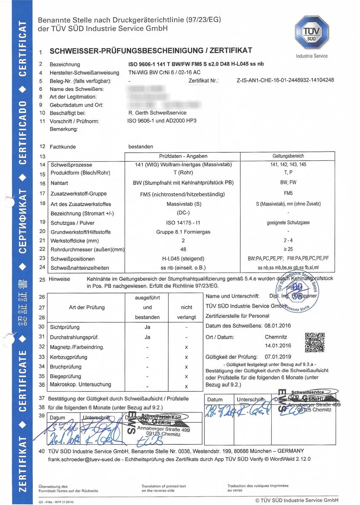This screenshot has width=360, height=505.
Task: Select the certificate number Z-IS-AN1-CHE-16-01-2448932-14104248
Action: pos(286,80)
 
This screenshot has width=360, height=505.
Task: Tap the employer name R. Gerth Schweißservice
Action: pos(157,113)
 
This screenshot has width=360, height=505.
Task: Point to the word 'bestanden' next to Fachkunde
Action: pos(141,146)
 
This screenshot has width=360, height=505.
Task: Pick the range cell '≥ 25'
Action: pos(289,250)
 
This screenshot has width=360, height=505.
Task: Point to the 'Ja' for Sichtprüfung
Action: pos(147,327)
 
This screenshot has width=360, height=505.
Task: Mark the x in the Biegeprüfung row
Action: pos(186,376)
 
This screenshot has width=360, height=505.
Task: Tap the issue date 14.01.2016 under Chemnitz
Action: pos(278,346)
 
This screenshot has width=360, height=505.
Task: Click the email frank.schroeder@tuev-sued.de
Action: pos(80,459)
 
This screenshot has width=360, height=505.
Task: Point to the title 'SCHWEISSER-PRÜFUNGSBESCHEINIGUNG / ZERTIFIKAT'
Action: pos(151,51)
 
